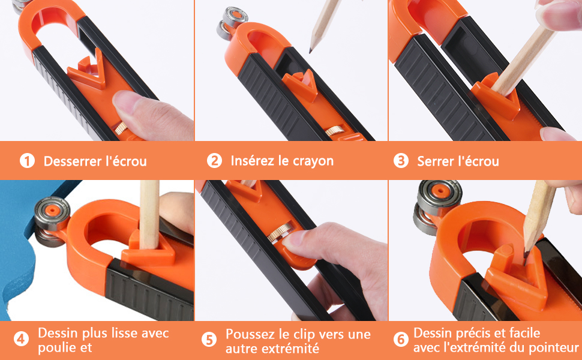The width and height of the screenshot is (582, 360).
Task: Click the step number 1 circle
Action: pyautogui.click(x=26, y=161)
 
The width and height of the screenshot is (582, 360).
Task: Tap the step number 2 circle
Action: pyautogui.click(x=214, y=161)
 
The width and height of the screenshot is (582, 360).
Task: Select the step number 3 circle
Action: pyautogui.click(x=401, y=161)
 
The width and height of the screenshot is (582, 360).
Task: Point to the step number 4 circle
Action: pyautogui.click(x=22, y=340)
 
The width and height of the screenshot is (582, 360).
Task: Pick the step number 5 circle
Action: pyautogui.click(x=209, y=340)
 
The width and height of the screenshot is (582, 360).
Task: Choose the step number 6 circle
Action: pyautogui.click(x=401, y=340)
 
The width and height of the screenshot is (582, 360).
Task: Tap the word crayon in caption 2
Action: pyautogui.click(x=313, y=161)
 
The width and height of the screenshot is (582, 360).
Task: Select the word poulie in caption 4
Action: pyautogui.click(x=55, y=348)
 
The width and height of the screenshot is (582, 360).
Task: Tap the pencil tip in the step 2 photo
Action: pyautogui.click(x=312, y=50)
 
